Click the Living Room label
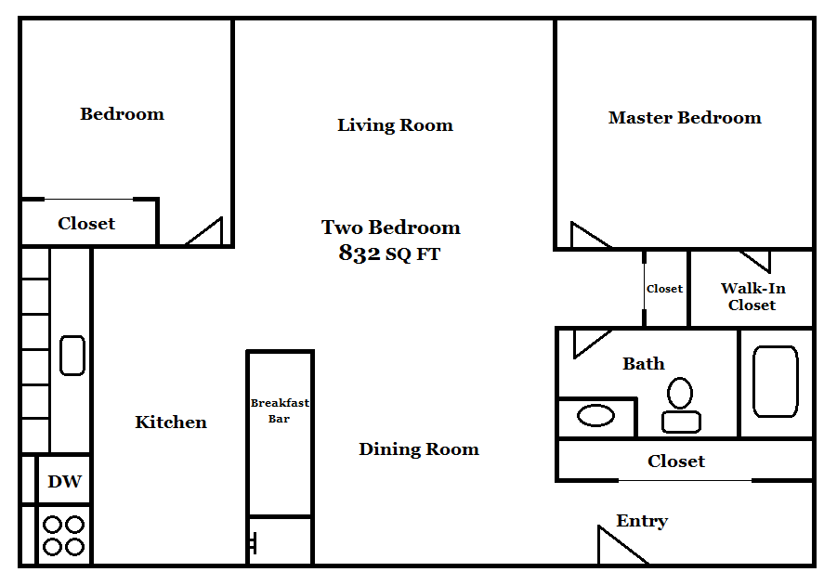395,125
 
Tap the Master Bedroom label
685,118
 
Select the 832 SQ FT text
389,253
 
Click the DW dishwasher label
64,482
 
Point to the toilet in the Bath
681,405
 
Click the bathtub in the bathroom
775,381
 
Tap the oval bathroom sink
595,415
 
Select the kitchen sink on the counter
72,355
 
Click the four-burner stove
64,536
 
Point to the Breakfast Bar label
280,410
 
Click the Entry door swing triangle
615,550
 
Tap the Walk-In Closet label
752,296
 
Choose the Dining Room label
419,449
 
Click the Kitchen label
171,422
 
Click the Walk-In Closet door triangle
754,259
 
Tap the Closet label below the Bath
676,461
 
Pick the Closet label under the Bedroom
86,224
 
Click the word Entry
642,521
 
